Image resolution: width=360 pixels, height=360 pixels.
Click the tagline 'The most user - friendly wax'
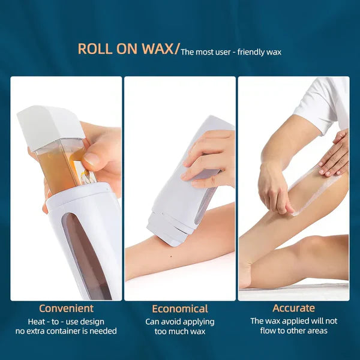click(230, 52)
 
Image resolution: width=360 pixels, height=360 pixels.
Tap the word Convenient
click(66, 308)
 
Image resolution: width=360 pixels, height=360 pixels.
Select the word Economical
click(180, 309)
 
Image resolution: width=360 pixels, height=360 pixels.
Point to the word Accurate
click(293, 308)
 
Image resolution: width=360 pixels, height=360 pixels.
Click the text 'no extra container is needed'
click(66, 331)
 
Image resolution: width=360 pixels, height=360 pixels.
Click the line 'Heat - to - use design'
click(66, 321)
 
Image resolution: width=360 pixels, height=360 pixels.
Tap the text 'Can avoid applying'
click(180, 322)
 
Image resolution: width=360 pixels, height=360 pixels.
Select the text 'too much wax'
click(180, 331)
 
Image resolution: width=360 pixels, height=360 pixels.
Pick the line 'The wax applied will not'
click(293, 321)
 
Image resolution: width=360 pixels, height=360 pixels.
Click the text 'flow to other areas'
click(293, 331)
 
